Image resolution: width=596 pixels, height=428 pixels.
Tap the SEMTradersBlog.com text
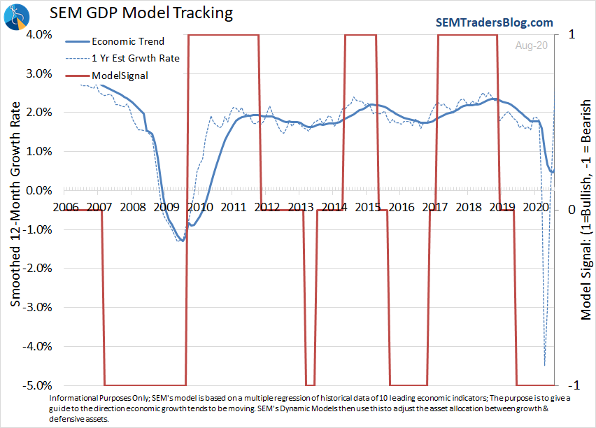coord(495,22)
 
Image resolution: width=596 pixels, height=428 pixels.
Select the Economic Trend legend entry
coord(128,41)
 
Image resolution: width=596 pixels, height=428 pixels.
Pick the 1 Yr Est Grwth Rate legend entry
coord(136,58)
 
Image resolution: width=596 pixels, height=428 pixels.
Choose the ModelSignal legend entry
coord(120,75)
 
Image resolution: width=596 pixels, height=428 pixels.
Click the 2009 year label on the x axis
coord(166,207)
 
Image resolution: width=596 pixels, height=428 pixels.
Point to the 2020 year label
coord(535,207)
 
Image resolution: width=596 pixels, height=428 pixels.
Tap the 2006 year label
coord(65,207)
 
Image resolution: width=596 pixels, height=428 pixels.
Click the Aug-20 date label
coord(532,45)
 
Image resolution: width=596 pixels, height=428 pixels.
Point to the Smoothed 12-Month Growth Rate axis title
coord(16,209)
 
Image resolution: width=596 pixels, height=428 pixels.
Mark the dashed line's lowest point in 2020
coord(545,365)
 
